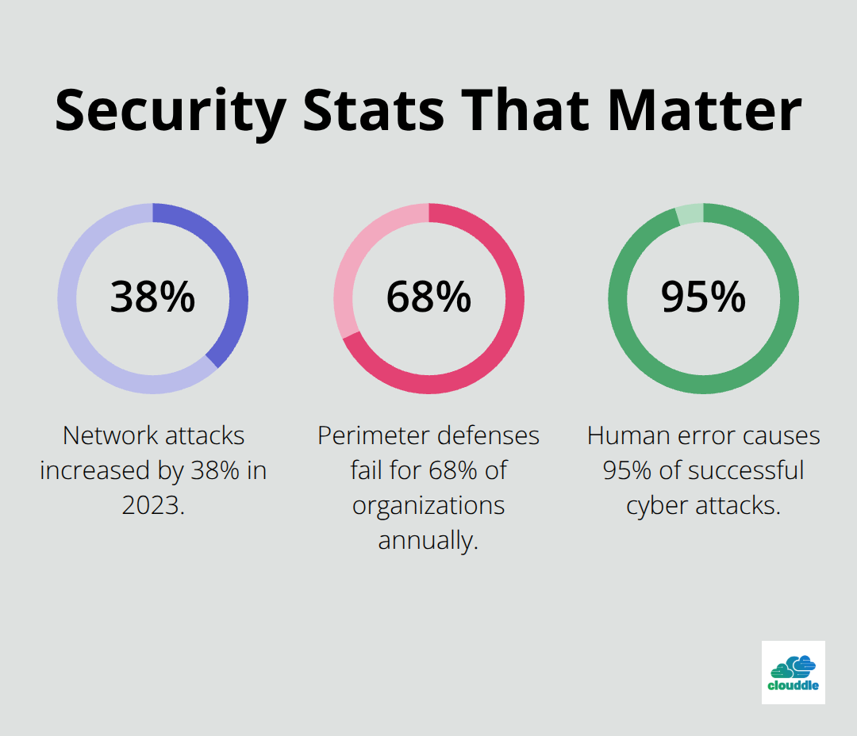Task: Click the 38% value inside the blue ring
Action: click(152, 297)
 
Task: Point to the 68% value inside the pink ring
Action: click(428, 297)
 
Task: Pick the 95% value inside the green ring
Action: click(703, 297)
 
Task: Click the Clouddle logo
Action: click(793, 673)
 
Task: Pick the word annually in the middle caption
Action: click(428, 540)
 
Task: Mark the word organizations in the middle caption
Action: click(428, 505)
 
